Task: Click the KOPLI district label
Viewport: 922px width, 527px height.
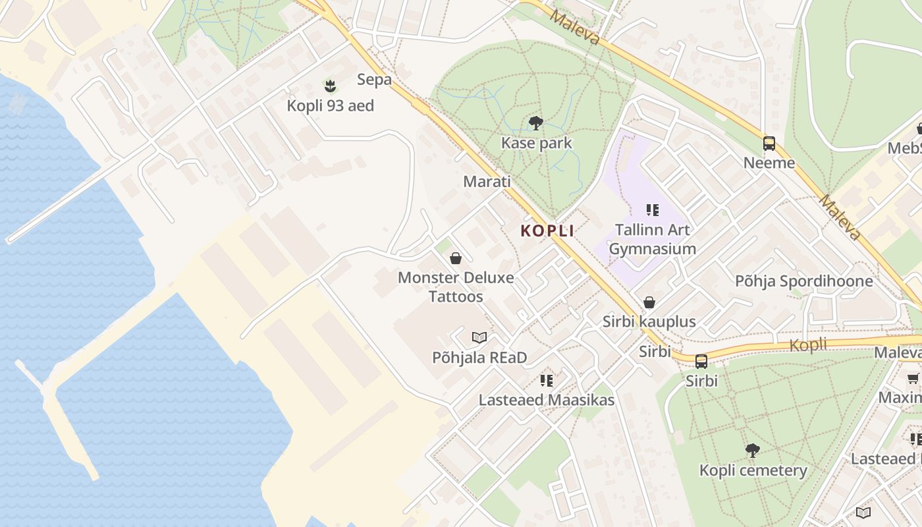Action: point(547,231)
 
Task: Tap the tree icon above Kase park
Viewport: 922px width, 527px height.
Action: point(536,123)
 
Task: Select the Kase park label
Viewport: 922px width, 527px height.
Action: point(536,143)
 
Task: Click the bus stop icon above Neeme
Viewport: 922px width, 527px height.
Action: point(769,143)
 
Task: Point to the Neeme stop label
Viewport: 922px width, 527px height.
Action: point(769,163)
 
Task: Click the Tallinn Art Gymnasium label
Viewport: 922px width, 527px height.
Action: point(652,239)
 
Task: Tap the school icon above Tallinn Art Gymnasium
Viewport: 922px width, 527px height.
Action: point(652,210)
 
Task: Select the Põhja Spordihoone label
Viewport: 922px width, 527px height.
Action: point(803,281)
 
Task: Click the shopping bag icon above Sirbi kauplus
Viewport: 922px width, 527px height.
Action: point(649,302)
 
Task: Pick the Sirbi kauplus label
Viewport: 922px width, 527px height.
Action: point(649,322)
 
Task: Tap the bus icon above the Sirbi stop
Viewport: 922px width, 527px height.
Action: point(701,361)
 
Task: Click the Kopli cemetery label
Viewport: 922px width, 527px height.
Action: point(753,470)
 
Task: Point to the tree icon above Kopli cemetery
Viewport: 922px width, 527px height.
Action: point(752,451)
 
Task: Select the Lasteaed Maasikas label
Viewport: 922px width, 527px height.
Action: point(546,400)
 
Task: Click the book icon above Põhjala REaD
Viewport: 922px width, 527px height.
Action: point(479,338)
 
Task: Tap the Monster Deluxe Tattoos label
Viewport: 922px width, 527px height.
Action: point(456,287)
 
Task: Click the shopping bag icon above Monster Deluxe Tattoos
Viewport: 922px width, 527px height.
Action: point(455,258)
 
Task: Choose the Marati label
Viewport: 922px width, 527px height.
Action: point(487,181)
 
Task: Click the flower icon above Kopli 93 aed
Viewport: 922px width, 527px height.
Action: point(330,85)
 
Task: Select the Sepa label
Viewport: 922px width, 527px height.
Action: point(374,80)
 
